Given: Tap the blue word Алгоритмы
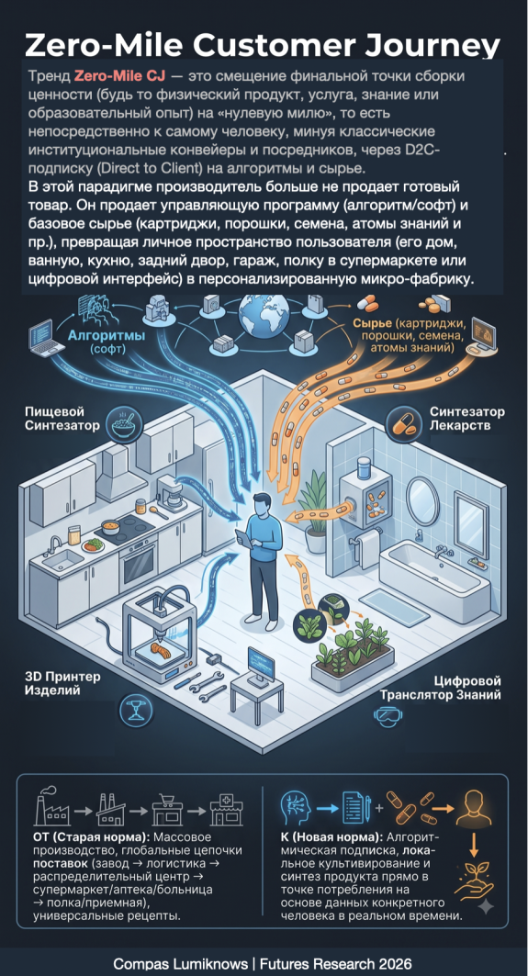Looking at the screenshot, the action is (x=107, y=336).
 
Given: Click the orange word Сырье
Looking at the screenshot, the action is (x=372, y=324).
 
